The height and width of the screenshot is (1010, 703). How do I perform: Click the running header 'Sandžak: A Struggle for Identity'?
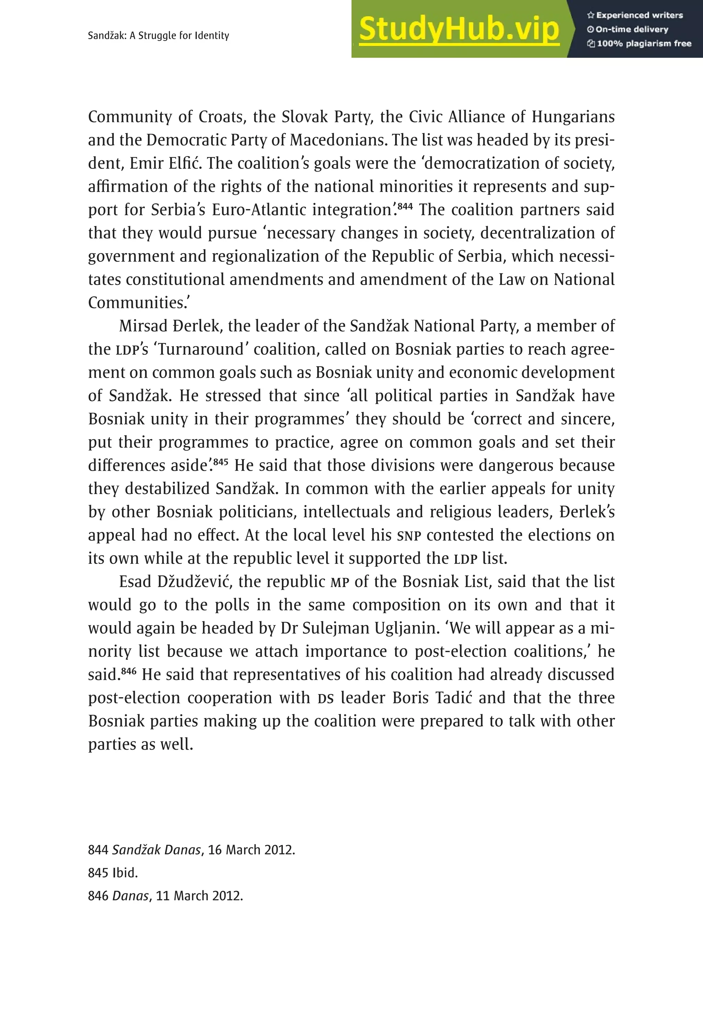159,36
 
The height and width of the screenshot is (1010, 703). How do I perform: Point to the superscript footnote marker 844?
405,205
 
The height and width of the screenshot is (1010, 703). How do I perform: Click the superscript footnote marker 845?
221,461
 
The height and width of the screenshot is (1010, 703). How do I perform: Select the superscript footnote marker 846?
128,671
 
